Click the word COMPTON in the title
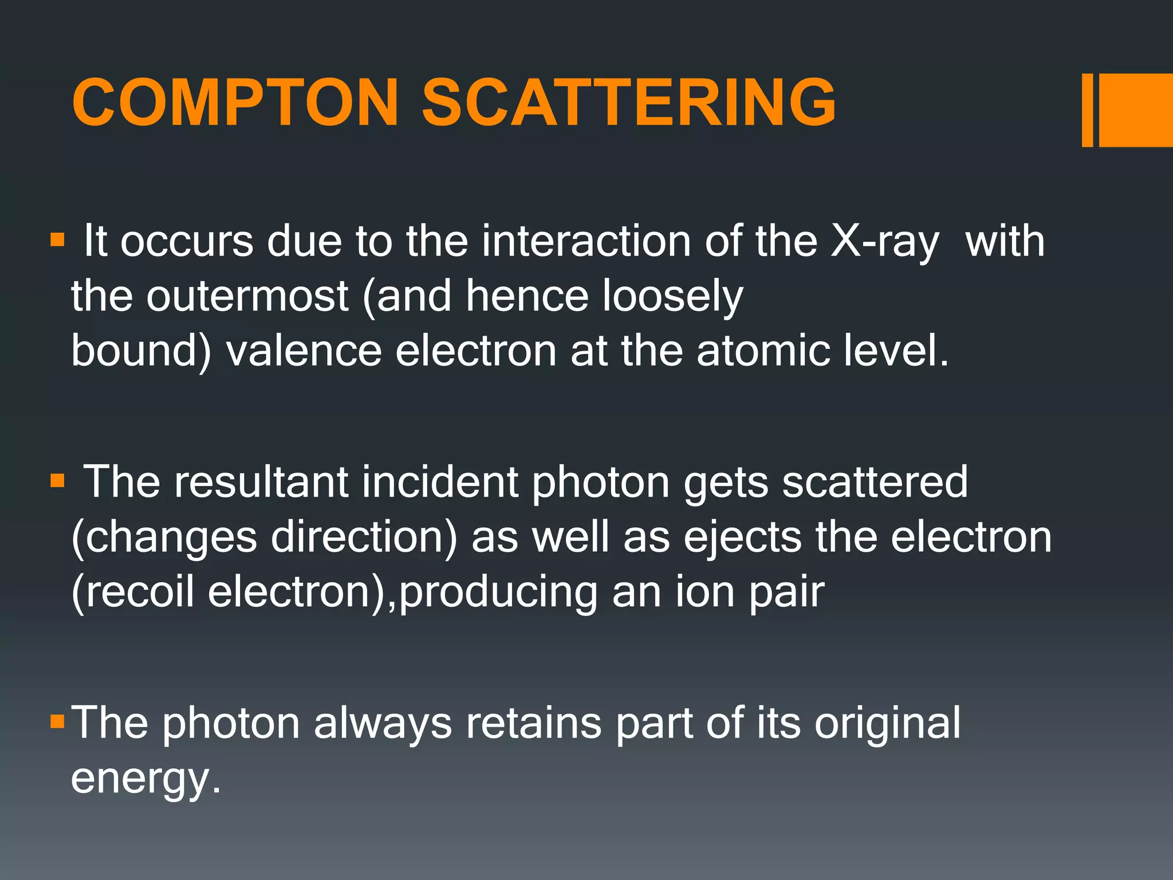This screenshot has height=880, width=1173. pyautogui.click(x=235, y=103)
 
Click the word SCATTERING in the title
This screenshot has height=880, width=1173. pyautogui.click(x=629, y=103)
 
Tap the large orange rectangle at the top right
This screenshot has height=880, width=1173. pyautogui.click(x=1135, y=110)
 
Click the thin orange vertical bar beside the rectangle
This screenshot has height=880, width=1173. pyautogui.click(x=1087, y=110)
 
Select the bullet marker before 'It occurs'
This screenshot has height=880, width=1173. pyautogui.click(x=57, y=239)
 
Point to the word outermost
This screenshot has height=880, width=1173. pyautogui.click(x=247, y=297)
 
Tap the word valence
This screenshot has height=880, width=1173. pyautogui.click(x=304, y=351)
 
